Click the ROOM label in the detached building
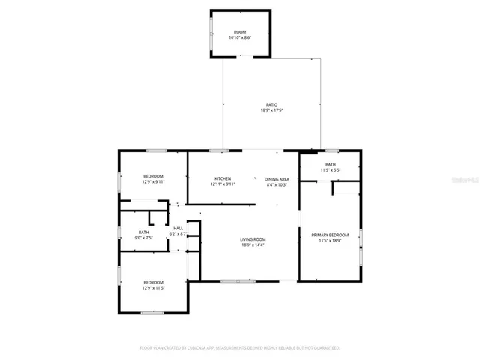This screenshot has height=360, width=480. [x=240, y=32]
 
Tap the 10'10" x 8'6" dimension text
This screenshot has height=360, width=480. [x=240, y=37]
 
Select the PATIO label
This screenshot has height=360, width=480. [x=272, y=104]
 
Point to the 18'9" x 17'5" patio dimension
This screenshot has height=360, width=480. [x=272, y=110]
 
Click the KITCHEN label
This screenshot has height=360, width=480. [x=223, y=178]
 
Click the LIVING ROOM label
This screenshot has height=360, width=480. [x=253, y=239]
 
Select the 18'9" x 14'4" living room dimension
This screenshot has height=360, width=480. [x=253, y=245]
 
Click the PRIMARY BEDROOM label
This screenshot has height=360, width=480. [x=330, y=235]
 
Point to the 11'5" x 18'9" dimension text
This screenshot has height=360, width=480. [x=330, y=241]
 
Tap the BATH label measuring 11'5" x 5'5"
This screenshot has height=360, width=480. [x=331, y=164]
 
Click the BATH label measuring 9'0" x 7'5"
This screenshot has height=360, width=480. [x=143, y=232]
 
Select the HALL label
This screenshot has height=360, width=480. [x=178, y=228]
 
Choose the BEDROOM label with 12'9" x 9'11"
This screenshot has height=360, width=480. [x=152, y=175]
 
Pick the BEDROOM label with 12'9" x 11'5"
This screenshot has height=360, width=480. [x=153, y=282]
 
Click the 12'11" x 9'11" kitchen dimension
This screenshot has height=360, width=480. [x=223, y=184]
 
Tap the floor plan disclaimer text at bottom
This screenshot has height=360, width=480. [x=240, y=348]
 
